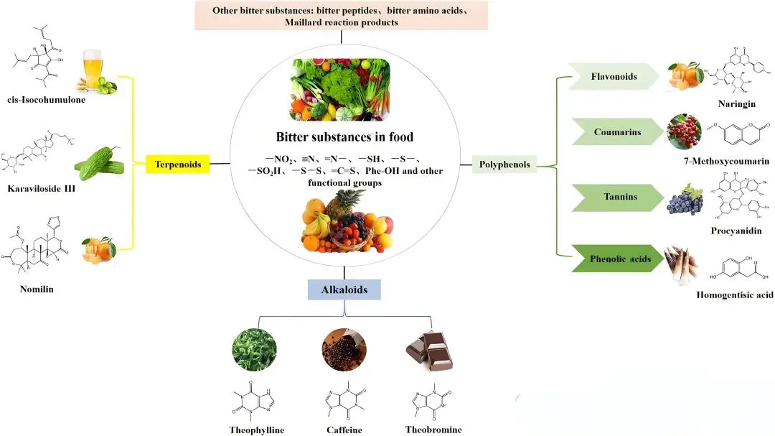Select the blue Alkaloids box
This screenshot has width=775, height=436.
(344, 289)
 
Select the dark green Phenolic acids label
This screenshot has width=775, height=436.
(616, 259)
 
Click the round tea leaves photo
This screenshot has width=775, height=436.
(255, 348)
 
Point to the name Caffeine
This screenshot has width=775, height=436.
(344, 430)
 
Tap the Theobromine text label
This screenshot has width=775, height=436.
(433, 430)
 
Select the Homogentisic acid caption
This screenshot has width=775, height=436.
(734, 294)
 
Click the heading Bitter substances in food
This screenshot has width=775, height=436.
(344, 136)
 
